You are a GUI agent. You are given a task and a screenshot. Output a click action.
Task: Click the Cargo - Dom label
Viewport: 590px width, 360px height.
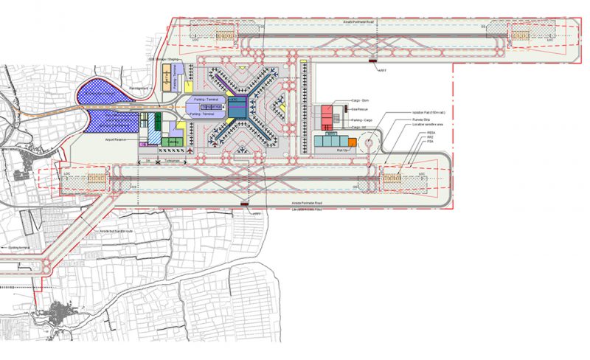coord(361,100)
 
